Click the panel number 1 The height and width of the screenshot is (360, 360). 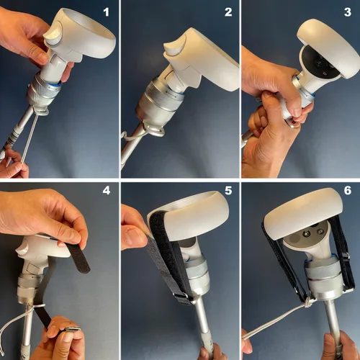[106, 12]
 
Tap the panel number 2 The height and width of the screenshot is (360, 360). [228, 12]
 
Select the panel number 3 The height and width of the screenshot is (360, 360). [348, 12]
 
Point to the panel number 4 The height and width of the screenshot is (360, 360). [107, 190]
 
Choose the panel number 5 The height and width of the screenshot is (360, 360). [228, 190]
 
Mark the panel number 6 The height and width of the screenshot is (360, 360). [348, 190]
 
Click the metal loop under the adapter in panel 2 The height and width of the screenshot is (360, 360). [157, 131]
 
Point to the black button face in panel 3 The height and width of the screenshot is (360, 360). [323, 63]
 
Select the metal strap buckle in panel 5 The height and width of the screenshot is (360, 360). [182, 297]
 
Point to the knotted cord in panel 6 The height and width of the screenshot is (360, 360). [308, 303]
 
